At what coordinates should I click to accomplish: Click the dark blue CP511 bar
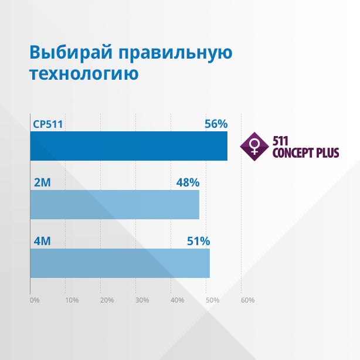coord(129,146)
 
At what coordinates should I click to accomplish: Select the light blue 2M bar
coord(115,205)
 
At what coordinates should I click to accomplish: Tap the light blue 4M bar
coord(120,263)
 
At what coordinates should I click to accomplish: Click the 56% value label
coord(216,124)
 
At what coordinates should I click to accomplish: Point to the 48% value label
coord(188,182)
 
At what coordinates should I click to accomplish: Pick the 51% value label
coord(198,241)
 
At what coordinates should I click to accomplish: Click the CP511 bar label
coord(47,124)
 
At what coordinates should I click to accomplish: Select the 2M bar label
coord(42,183)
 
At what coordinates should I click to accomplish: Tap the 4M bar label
coord(42,242)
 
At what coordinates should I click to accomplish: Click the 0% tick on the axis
coord(35,300)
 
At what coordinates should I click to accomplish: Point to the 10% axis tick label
coord(72,300)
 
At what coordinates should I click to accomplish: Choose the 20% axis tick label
coord(107,300)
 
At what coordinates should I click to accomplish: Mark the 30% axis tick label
coord(142,300)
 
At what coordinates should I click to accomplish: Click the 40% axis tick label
coord(177,300)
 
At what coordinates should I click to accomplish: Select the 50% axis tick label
coord(213,300)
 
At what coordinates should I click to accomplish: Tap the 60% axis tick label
coord(248,300)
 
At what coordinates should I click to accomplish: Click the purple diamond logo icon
coord(254,147)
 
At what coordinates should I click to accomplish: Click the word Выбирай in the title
coord(71,53)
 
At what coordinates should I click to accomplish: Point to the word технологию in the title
coord(84,73)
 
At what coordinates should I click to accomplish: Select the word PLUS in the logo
coord(328,153)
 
